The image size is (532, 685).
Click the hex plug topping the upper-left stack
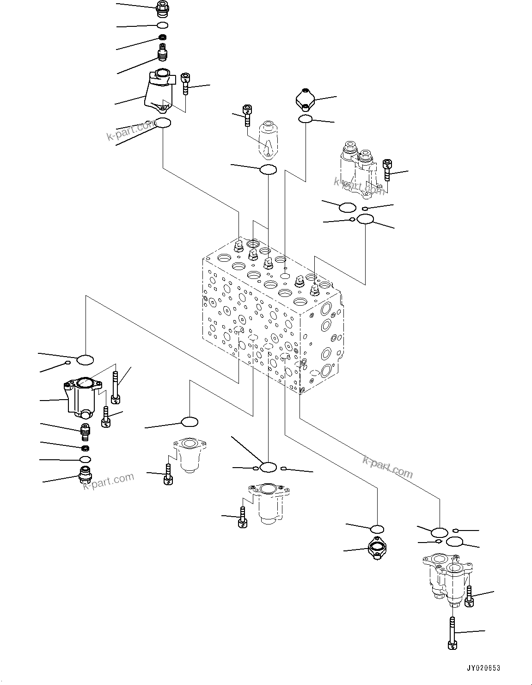coord(162,7)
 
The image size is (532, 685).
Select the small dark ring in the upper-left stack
coord(162,37)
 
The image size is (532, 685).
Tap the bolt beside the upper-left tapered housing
coord(186,83)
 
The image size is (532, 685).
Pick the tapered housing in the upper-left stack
coord(159,92)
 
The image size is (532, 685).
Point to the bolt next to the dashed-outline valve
coord(247,115)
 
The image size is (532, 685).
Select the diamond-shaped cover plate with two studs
coord(306,99)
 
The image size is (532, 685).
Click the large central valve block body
coord(273,315)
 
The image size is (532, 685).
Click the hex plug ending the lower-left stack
coord(85,475)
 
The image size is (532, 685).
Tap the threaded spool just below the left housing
coord(85,432)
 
